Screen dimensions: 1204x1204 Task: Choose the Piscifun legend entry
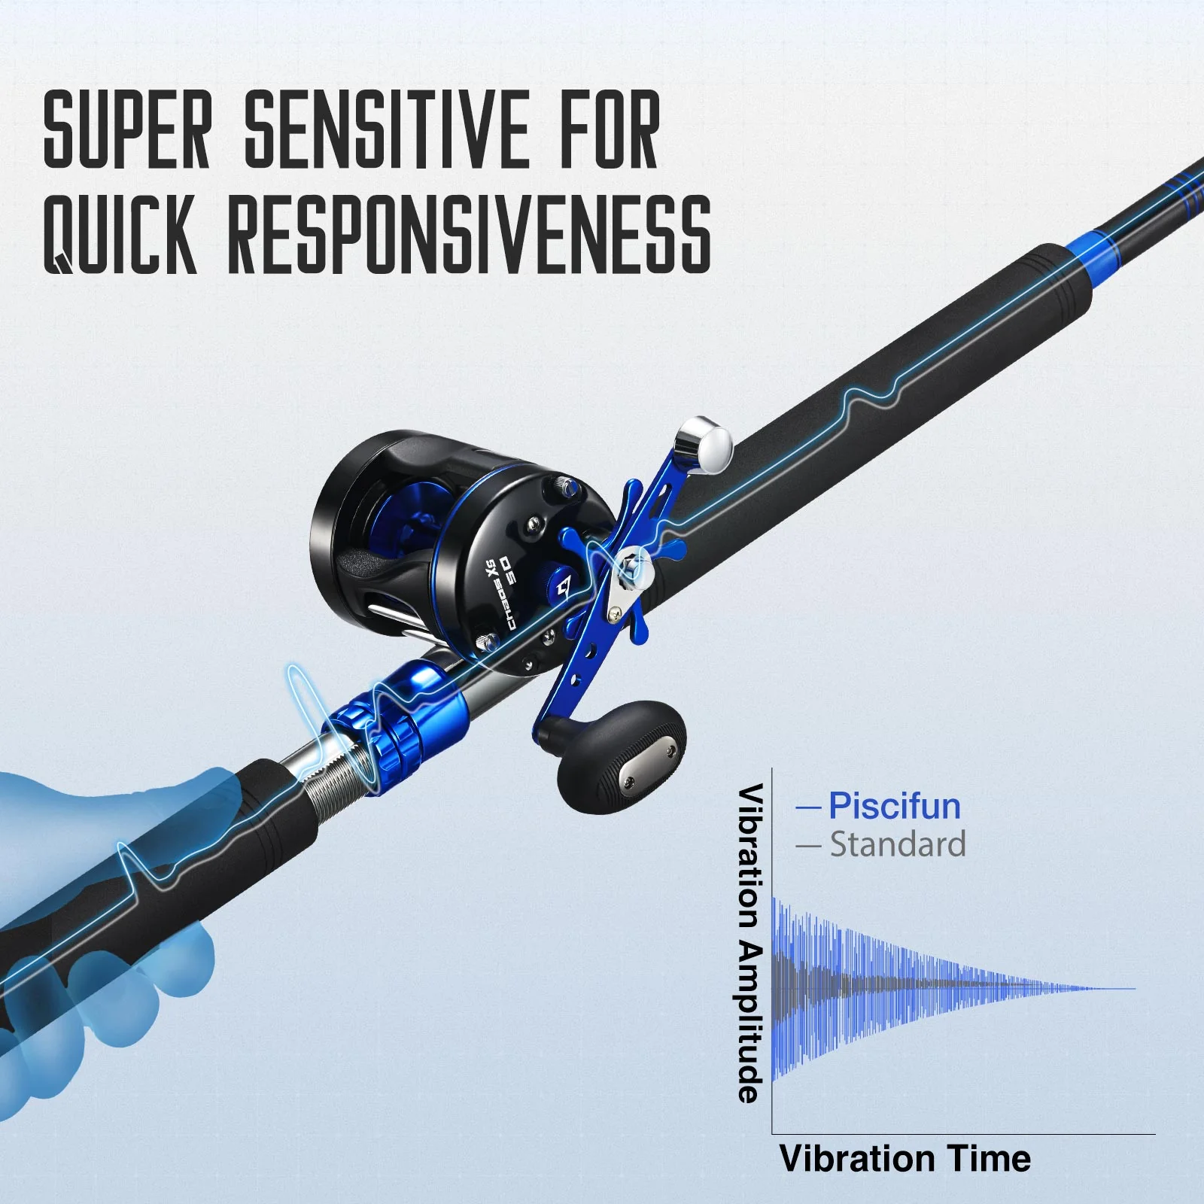(x=894, y=806)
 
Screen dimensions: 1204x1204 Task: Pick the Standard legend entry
(x=897, y=844)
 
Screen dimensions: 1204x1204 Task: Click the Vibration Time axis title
(x=905, y=1158)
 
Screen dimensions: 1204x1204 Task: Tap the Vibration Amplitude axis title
(x=750, y=944)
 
